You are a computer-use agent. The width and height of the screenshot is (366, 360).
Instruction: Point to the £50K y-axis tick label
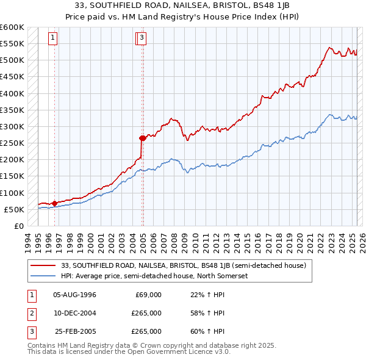[x=14, y=210]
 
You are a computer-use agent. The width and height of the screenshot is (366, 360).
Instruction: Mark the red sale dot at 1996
[x=54, y=203]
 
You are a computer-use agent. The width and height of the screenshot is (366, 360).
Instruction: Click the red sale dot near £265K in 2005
[x=142, y=138]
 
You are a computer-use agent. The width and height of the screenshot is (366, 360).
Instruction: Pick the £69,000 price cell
[x=148, y=295]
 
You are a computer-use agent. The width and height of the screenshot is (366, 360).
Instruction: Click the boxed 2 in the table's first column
[x=30, y=313]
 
